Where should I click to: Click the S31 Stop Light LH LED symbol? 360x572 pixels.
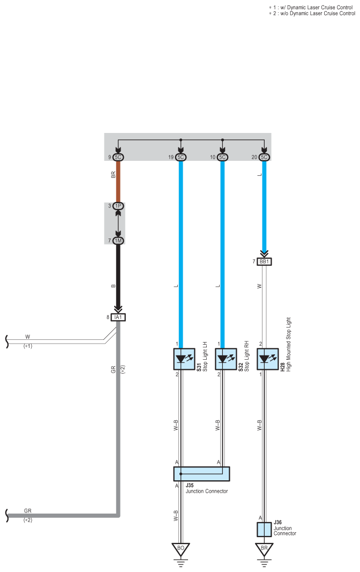click(184, 359)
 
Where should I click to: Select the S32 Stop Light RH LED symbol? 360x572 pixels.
click(226, 359)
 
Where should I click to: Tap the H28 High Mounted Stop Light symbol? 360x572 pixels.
click(268, 359)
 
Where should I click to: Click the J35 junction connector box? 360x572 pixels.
click(201, 474)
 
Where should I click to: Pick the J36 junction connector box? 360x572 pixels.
click(264, 529)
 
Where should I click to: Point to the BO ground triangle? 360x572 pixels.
click(181, 549)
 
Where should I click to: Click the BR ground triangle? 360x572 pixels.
click(264, 549)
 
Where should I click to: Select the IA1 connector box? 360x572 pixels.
click(118, 317)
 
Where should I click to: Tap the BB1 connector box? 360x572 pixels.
click(264, 262)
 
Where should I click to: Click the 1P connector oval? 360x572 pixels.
click(118, 206)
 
